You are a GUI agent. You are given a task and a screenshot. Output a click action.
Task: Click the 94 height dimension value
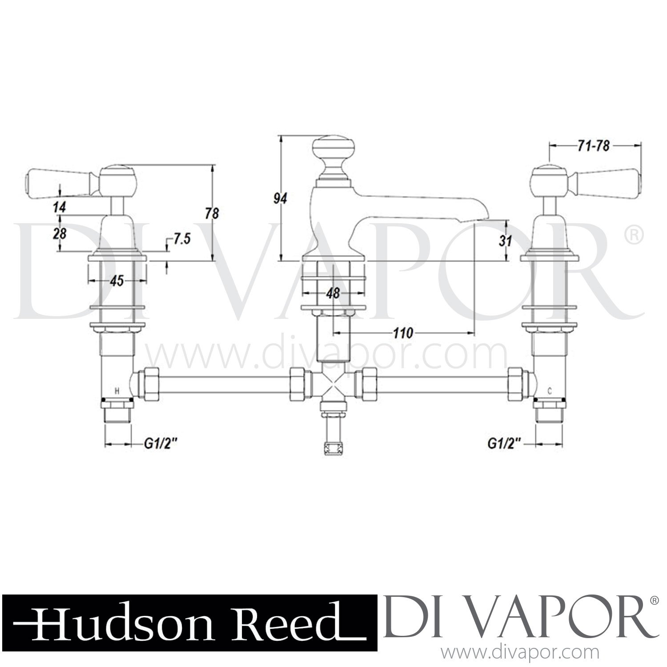(280, 198)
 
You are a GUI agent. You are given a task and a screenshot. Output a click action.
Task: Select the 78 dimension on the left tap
(212, 213)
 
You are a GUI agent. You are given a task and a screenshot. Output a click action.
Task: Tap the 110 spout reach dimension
(403, 333)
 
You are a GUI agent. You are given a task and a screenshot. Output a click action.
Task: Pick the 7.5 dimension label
(181, 239)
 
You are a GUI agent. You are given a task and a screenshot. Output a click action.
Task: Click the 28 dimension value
(59, 233)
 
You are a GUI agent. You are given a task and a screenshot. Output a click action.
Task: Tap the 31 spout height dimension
(506, 241)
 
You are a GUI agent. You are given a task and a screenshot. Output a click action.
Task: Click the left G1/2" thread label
(157, 443)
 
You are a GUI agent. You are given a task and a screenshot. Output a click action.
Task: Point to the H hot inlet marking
(117, 391)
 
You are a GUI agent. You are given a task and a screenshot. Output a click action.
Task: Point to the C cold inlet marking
(550, 391)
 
